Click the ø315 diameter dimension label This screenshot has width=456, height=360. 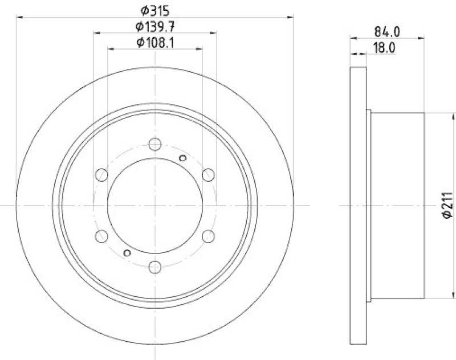tap(155, 10)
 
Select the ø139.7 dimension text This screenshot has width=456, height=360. tap(155, 26)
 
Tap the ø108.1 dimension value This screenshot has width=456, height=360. tap(155, 42)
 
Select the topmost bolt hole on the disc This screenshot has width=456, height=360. tap(155, 144)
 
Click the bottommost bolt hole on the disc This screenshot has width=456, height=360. tap(155, 266)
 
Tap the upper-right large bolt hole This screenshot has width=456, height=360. tap(208, 174)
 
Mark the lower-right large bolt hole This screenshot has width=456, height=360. tap(208, 235)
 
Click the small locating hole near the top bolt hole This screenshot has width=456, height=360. tap(182, 158)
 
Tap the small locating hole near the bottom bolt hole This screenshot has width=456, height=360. tap(127, 253)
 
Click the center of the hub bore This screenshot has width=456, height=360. tap(155, 205)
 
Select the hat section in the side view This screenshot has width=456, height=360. tap(398, 205)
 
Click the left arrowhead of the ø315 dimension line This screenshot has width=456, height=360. tap(19, 17)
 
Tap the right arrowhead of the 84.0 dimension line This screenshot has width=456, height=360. tap(422, 39)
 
